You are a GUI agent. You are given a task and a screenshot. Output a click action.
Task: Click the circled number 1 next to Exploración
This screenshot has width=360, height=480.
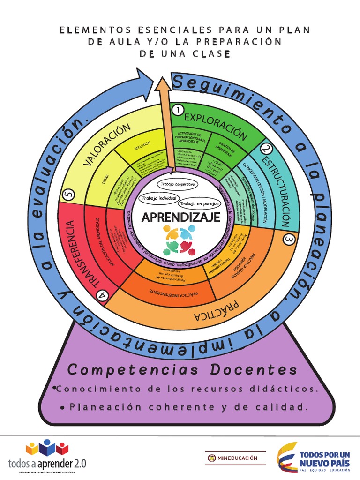[x=178, y=110]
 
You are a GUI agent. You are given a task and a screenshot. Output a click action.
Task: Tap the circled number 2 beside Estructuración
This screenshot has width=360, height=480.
[x=266, y=149]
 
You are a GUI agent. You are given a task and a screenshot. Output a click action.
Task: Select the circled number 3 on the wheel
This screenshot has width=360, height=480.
[x=289, y=240]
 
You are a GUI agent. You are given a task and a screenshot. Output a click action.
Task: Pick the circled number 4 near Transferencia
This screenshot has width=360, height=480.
[x=102, y=294]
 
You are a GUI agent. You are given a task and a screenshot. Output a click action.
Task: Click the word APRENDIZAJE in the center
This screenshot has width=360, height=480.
[x=180, y=217]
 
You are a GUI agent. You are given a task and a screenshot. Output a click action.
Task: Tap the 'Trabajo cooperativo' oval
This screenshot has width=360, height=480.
[x=178, y=184]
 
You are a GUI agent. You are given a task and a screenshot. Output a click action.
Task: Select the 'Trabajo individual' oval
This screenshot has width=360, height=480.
[x=160, y=199]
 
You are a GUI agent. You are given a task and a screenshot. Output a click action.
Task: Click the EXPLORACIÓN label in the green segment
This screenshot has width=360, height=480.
[x=215, y=125]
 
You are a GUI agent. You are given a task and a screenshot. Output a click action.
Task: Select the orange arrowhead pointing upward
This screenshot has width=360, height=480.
[x=163, y=85]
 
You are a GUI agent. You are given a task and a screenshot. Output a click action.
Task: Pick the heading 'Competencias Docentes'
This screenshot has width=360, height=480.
[x=182, y=369]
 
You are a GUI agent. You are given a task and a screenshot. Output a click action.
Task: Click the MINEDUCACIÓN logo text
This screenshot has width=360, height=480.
[x=238, y=457]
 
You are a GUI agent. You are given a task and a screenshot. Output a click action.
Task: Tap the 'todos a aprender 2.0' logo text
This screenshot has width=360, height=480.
[x=47, y=463]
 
